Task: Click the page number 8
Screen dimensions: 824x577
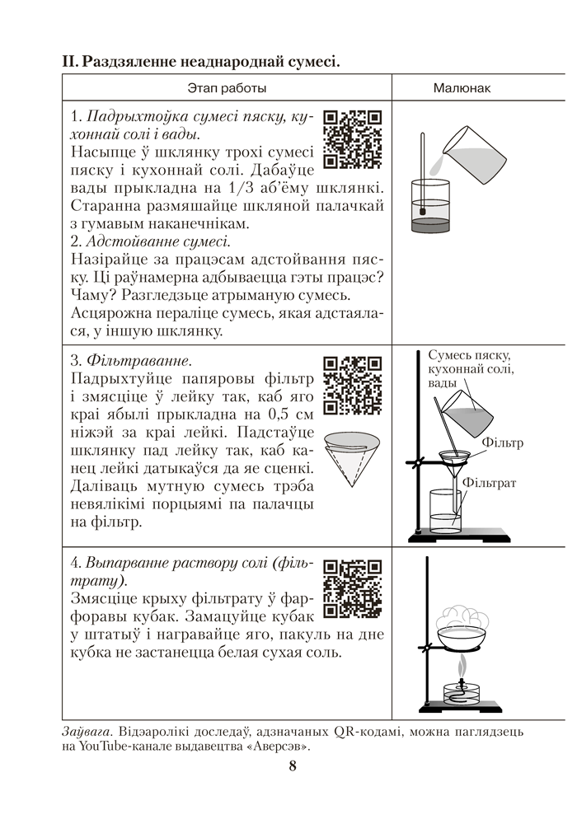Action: coord(292,765)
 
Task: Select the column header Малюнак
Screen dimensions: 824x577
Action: coord(462,87)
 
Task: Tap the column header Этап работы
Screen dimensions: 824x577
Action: coord(227,87)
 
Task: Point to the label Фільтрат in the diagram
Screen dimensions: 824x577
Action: coord(489,482)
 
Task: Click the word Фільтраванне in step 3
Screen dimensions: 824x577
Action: coord(138,360)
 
